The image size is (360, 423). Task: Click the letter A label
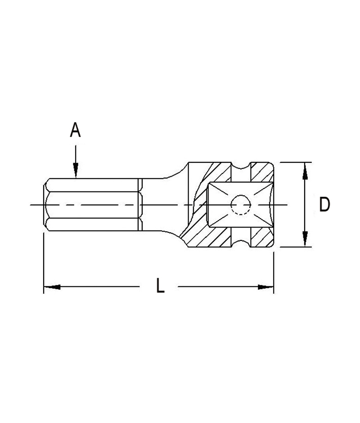(x=75, y=130)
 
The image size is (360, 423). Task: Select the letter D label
(x=324, y=205)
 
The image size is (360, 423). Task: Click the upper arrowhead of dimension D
(x=305, y=170)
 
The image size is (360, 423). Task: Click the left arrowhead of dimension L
(x=52, y=286)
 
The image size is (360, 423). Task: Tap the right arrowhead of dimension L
(x=265, y=286)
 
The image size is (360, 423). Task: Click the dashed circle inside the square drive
(x=240, y=205)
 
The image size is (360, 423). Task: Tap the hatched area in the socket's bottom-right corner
(x=262, y=238)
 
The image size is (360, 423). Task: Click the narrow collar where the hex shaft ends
(x=140, y=205)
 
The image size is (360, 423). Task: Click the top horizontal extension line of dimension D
(x=295, y=162)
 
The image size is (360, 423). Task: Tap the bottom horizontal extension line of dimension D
(x=295, y=247)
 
